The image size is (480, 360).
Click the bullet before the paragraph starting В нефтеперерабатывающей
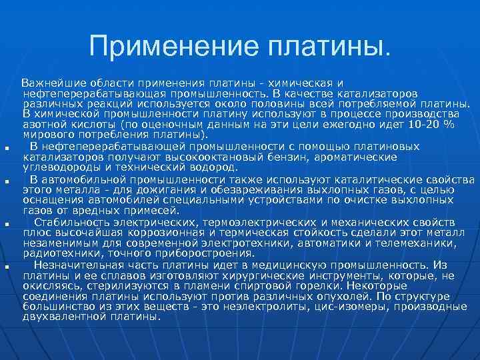(x=5, y=148)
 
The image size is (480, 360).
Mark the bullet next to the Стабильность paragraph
(x=5, y=224)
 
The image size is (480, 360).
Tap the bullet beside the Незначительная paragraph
(x=5, y=267)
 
